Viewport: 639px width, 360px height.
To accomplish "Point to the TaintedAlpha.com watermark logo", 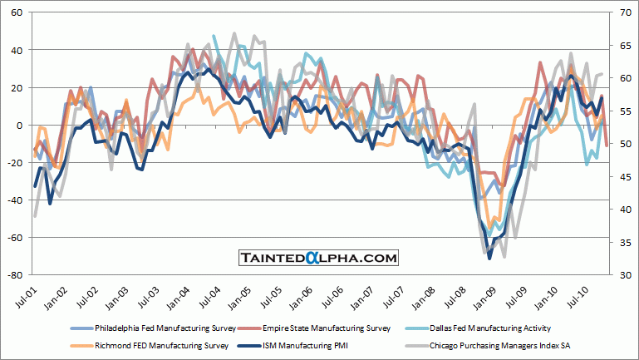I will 319,259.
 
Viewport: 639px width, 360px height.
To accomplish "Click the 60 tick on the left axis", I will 16,13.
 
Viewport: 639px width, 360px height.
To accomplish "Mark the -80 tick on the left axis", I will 14,275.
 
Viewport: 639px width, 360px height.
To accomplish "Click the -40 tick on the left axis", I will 14,200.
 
